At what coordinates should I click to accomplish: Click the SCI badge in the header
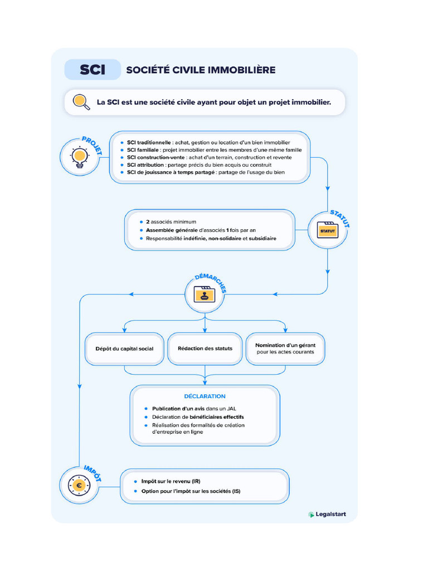tap(93, 70)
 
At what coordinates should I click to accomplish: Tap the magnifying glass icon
tap(81, 102)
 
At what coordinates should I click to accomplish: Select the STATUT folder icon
tap(328, 230)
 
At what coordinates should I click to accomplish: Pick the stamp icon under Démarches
tap(205, 294)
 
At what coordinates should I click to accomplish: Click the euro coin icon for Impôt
tap(79, 485)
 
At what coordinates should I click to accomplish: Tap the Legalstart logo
tap(327, 514)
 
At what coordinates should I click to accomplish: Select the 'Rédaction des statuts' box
tap(205, 349)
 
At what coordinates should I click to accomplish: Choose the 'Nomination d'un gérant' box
tap(285, 349)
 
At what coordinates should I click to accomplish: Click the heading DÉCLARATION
tap(205, 396)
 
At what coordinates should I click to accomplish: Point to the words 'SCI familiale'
tap(143, 150)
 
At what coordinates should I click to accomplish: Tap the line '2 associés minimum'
tap(171, 222)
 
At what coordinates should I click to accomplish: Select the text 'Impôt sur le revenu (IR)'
tap(171, 481)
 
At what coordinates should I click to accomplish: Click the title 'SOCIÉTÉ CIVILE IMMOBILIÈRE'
tap(201, 70)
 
